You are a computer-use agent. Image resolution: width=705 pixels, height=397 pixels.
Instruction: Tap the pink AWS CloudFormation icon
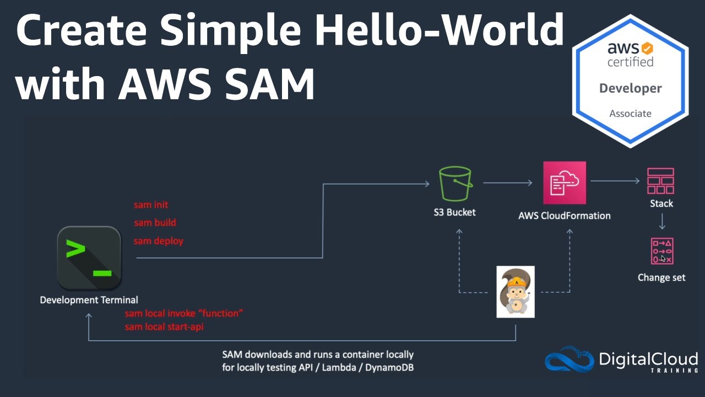(565, 183)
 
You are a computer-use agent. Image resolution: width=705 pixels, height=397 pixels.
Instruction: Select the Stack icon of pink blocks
(661, 181)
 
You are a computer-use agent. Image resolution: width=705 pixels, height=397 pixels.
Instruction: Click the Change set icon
(661, 251)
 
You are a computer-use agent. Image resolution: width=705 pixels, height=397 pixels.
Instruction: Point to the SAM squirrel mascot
(516, 292)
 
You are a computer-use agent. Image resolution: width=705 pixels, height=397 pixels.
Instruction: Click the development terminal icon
(89, 257)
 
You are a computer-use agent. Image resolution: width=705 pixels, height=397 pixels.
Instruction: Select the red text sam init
(151, 205)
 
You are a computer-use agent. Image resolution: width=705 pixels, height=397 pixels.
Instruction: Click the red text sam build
(155, 223)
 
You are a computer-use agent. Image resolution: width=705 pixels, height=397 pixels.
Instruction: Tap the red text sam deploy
(158, 241)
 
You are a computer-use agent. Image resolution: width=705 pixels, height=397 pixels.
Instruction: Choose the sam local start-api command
(164, 327)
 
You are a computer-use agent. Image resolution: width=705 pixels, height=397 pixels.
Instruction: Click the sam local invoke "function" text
(184, 313)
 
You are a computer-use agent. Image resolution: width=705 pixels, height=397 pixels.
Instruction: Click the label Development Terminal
(89, 300)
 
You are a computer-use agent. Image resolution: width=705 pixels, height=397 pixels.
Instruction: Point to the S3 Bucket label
(454, 212)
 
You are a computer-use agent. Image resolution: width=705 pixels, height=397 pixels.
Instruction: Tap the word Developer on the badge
(630, 88)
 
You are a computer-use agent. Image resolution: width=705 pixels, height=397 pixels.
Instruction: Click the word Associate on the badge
(630, 114)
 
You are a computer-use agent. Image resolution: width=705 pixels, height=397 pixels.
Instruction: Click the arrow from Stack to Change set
(662, 221)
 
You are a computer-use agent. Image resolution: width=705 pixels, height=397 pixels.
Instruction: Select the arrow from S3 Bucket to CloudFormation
(507, 183)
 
